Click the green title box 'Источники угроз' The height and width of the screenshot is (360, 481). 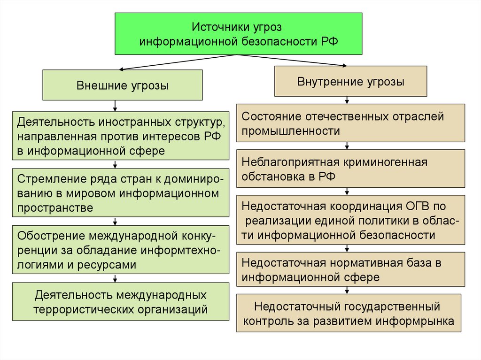239,33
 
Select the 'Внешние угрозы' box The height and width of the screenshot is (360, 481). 123,85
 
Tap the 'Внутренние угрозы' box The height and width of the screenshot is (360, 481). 350,82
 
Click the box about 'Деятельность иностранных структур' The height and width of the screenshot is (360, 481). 121,137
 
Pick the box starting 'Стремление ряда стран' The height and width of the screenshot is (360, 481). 121,193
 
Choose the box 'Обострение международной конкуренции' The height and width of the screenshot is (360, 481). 121,250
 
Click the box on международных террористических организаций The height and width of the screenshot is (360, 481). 121,302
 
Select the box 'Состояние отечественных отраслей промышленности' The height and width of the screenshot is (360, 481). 350,123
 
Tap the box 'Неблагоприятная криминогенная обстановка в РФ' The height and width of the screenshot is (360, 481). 350,169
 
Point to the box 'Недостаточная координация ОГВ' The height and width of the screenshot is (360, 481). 350,220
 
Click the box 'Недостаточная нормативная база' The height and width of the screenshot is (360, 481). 350,269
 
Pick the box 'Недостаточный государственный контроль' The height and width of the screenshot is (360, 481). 350,314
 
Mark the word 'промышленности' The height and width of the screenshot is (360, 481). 291,131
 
